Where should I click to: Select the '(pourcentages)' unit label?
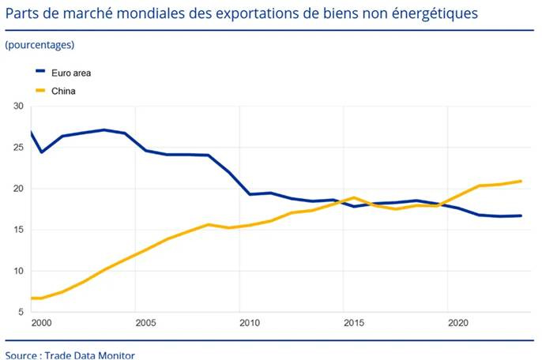pos(40,45)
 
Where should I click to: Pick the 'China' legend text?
pos(63,91)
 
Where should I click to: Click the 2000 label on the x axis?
pos(41,323)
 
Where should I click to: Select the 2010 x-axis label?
pos(250,323)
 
